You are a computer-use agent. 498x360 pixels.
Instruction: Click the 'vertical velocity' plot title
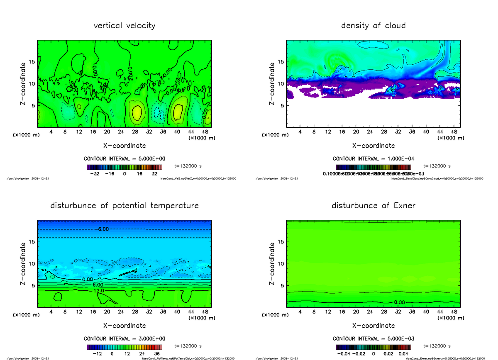click(124, 26)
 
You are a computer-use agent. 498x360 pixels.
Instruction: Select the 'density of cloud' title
click(373, 26)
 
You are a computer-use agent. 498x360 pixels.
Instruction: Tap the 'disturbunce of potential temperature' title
click(124, 206)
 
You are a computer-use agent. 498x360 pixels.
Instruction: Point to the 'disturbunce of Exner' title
click(373, 206)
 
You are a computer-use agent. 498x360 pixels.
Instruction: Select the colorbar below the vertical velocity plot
click(124, 167)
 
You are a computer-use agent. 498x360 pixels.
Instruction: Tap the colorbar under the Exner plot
click(373, 347)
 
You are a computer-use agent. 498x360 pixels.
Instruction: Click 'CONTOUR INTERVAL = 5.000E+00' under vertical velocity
click(124, 159)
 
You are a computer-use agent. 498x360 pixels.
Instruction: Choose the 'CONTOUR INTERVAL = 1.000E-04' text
click(373, 159)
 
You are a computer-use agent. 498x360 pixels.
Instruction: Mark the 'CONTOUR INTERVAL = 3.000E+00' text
click(124, 339)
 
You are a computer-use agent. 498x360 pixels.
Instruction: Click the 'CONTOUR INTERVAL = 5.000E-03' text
click(373, 339)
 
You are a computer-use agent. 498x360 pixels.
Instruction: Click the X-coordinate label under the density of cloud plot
click(373, 146)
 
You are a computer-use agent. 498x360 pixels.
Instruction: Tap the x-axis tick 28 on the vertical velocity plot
click(135, 132)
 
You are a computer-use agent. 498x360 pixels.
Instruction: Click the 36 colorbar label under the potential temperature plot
click(157, 354)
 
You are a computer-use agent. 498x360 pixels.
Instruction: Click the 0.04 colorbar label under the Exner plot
click(403, 354)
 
